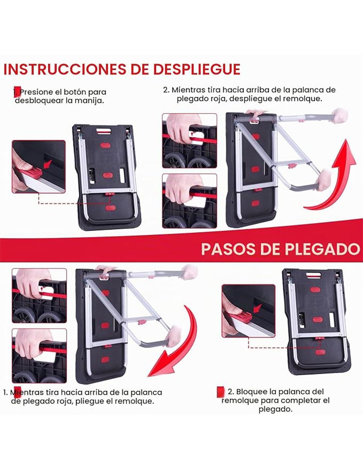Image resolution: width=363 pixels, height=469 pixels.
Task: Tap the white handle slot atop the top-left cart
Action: pyautogui.click(x=103, y=131)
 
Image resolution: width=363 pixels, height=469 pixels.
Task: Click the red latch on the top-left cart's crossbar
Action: pyautogui.click(x=109, y=194)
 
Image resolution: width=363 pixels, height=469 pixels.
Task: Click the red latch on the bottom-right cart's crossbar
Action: pyautogui.click(x=319, y=338)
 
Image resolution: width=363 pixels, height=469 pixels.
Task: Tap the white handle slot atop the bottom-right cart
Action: pyautogui.click(x=313, y=274)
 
